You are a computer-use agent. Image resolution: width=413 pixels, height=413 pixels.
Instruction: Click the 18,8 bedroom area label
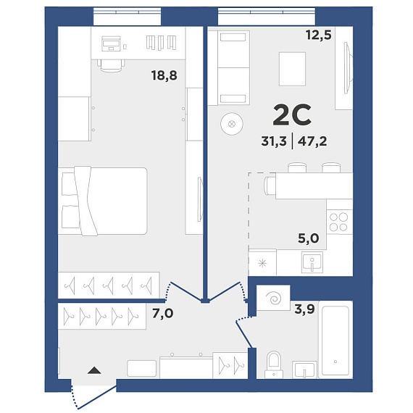[x=164, y=75]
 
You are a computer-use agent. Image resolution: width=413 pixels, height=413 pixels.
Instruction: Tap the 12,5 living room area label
[x=318, y=35]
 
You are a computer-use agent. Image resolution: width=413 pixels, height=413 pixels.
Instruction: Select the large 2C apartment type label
[x=292, y=114]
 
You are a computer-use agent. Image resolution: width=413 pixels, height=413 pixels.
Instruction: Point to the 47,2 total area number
[x=312, y=141]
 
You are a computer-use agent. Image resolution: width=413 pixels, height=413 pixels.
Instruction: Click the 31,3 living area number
[x=274, y=141]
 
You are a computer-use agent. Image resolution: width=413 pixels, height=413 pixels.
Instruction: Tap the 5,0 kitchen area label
[x=309, y=238]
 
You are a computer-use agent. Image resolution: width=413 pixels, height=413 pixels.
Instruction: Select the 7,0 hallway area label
[x=163, y=314]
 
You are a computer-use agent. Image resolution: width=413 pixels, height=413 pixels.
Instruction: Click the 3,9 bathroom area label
[x=305, y=309]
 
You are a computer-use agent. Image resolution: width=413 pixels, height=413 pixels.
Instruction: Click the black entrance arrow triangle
[x=94, y=370]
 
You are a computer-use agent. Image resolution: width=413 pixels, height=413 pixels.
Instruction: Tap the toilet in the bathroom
[x=274, y=364]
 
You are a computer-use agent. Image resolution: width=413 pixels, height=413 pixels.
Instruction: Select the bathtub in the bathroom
[x=335, y=340]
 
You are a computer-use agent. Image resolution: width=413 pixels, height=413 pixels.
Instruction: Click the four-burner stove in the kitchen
[x=339, y=222]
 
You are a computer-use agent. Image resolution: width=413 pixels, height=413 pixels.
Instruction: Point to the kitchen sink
[x=312, y=262]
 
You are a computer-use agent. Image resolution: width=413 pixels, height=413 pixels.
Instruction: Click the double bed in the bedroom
[x=102, y=201]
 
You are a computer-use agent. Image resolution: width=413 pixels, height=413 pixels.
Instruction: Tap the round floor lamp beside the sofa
[x=232, y=124]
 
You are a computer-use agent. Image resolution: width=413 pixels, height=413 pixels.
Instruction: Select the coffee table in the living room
[x=293, y=69]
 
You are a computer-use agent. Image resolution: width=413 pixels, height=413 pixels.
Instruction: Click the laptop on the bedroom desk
[x=111, y=43]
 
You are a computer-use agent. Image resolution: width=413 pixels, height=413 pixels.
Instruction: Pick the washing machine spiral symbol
[x=274, y=299]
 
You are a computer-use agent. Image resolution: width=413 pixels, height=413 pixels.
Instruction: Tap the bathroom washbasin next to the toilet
[x=305, y=370]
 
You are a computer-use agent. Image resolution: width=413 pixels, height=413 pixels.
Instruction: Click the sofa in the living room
[x=234, y=67]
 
